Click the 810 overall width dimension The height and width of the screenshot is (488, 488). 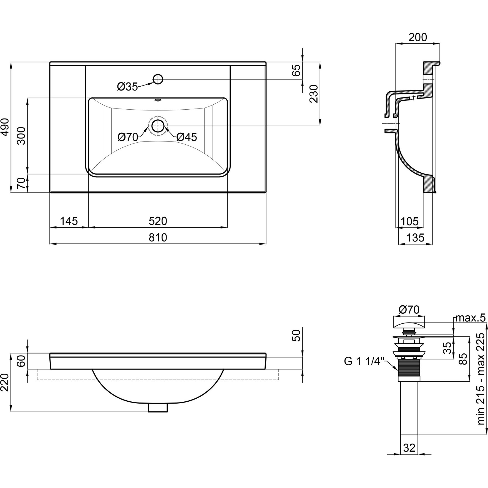[158, 238]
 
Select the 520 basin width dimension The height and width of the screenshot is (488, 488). [158, 221]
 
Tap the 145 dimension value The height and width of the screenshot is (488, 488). [69, 221]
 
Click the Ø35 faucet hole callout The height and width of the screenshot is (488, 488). [127, 87]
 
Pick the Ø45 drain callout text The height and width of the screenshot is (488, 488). [187, 137]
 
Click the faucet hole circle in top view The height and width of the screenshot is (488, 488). [158, 79]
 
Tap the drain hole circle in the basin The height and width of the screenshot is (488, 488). [158, 126]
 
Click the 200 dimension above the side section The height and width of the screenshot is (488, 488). [418, 37]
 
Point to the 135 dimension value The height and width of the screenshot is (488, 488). [416, 238]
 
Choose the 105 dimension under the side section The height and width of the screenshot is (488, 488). [410, 221]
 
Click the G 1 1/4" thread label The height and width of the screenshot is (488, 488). [364, 361]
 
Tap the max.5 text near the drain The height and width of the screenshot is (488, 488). [471, 318]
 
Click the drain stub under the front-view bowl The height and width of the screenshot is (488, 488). [158, 408]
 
